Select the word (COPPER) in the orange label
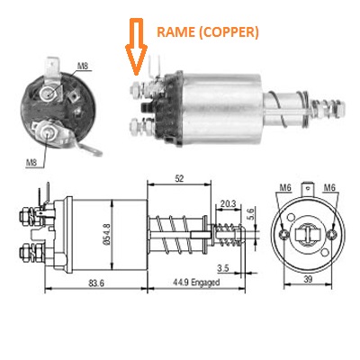[x=228, y=32]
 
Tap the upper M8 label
[x=82, y=66]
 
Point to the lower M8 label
[x=31, y=163]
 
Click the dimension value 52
[x=179, y=179]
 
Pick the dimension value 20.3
[x=228, y=204]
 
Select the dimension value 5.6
[x=250, y=215]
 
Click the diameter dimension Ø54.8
[x=107, y=235]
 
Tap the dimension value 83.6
[x=96, y=283]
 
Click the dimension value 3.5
[x=223, y=268]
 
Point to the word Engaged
[x=205, y=283]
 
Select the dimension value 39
[x=308, y=279]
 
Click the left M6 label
[x=285, y=187]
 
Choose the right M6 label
[x=329, y=187]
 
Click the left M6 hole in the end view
[x=283, y=234]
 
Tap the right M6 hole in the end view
[x=332, y=234]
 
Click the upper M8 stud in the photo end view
[x=48, y=94]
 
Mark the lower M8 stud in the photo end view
[x=48, y=131]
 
